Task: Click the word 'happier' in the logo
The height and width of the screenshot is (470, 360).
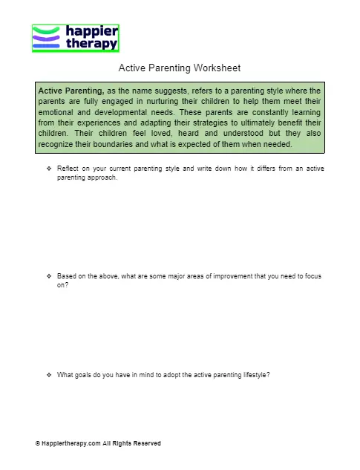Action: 92,32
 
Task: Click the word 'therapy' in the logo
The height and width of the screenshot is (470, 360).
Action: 92,44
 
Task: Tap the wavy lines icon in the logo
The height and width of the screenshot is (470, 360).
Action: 47,38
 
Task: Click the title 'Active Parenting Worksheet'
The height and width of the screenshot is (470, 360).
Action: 180,68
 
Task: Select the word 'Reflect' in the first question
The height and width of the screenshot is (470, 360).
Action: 68,169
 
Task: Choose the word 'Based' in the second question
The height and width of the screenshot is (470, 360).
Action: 67,276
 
